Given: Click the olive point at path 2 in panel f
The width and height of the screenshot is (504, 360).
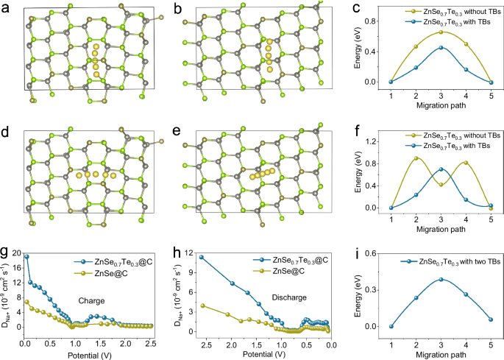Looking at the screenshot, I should click(x=416, y=158).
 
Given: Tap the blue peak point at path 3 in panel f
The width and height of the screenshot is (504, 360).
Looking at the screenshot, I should click(x=441, y=169).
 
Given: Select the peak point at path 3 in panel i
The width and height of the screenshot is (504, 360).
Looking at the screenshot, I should click(x=441, y=279).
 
